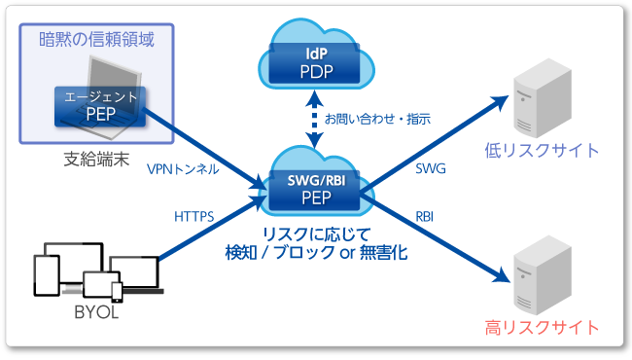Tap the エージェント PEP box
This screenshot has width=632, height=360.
point(100,105)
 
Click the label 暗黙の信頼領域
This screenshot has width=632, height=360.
point(97,40)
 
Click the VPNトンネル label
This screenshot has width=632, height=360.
point(182,168)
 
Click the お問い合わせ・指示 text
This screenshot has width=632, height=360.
point(377,119)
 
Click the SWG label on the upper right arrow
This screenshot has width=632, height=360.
point(430,168)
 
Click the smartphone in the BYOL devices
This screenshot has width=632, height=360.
point(117,291)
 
